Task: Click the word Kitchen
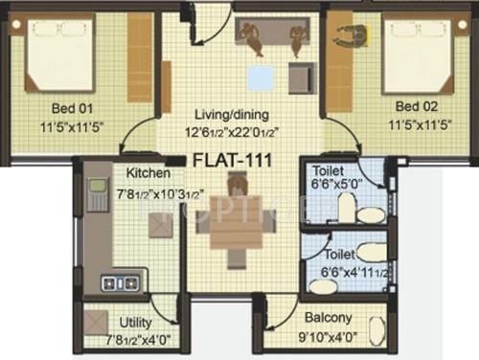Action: click(148, 173)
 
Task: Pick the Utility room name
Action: click(135, 323)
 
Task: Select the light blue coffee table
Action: click(258, 77)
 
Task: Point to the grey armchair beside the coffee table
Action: click(302, 77)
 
